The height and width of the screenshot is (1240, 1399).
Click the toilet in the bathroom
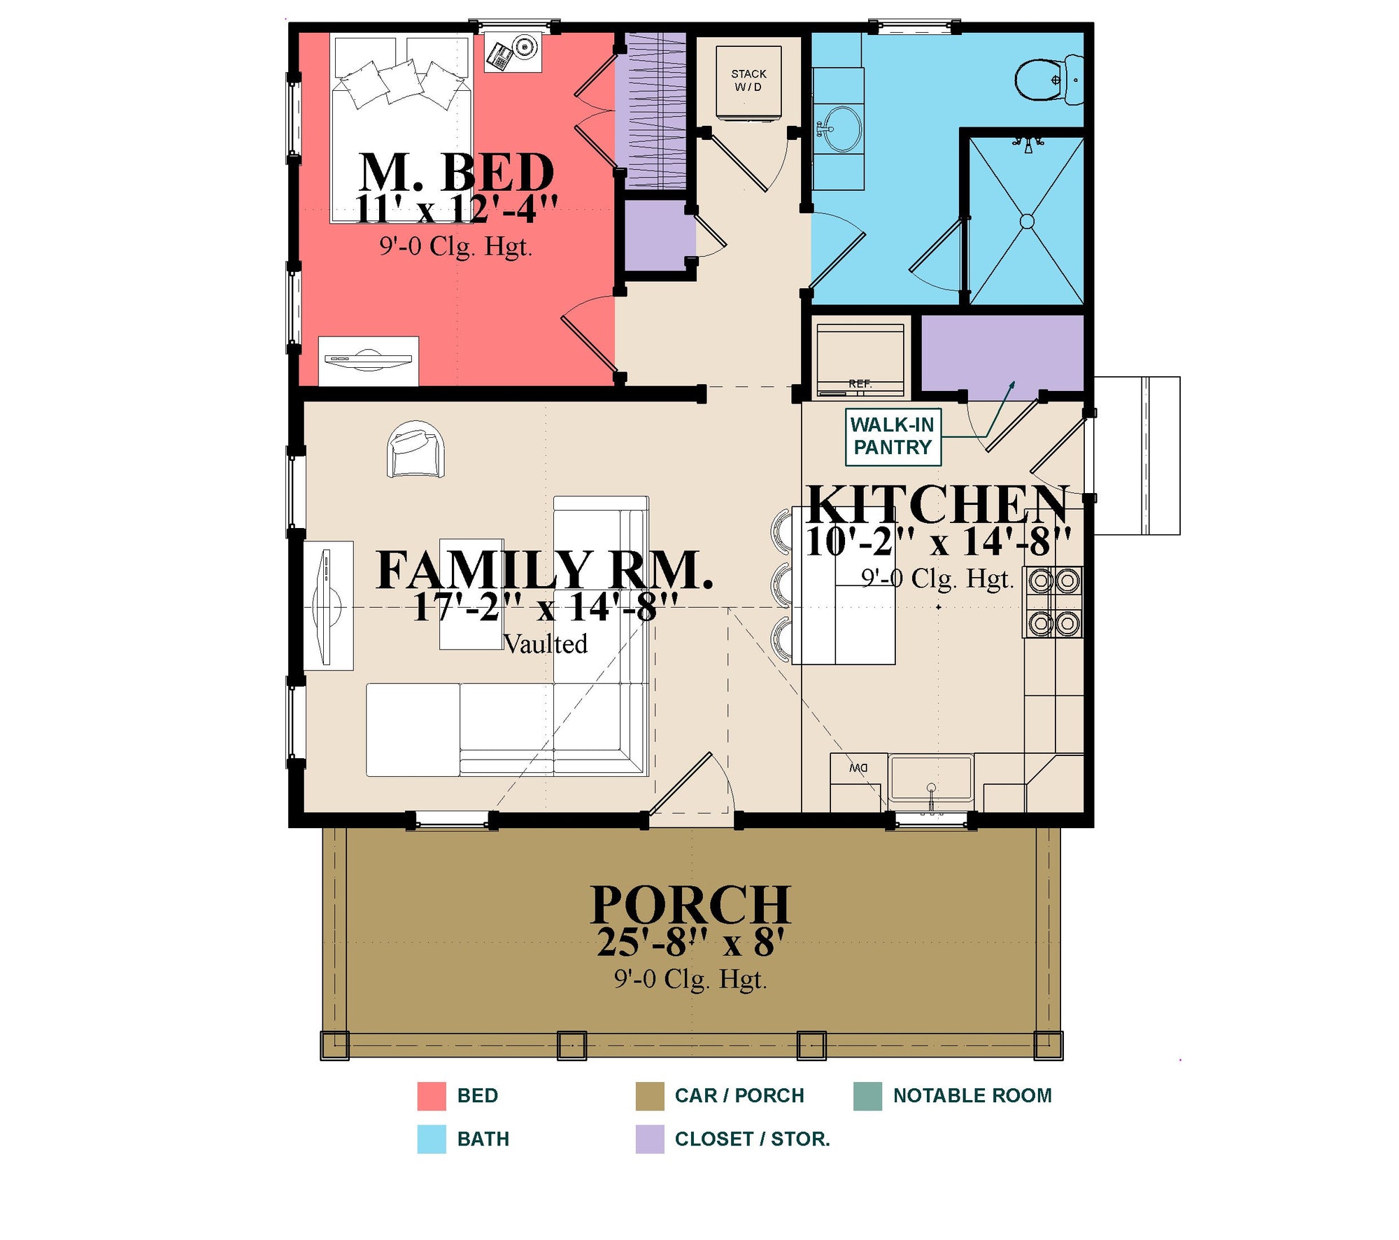coord(1048,80)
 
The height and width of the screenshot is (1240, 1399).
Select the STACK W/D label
coord(748,80)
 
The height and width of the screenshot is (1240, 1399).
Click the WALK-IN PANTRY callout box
coord(893,436)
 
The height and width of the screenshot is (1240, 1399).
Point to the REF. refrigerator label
coord(860,383)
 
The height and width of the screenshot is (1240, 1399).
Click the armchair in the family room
coord(416,449)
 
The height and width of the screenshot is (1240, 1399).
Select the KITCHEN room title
coord(938,504)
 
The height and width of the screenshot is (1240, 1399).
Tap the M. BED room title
coord(456,172)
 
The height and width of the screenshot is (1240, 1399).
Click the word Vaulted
coord(546,643)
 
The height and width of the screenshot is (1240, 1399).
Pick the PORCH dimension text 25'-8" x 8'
coord(690,942)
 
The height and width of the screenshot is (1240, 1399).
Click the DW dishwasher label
coord(858,768)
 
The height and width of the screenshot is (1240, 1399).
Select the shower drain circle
coord(1027,221)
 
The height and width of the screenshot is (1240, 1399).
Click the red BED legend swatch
coord(432,1096)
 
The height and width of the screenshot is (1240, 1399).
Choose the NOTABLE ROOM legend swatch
coord(867,1096)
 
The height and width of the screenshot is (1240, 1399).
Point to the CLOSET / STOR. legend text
coord(752,1139)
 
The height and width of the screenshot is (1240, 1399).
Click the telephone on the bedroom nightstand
coord(500,57)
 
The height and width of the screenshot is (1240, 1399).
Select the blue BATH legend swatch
coord(432,1139)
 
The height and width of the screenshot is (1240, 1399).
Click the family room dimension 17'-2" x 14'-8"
coord(546,606)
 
